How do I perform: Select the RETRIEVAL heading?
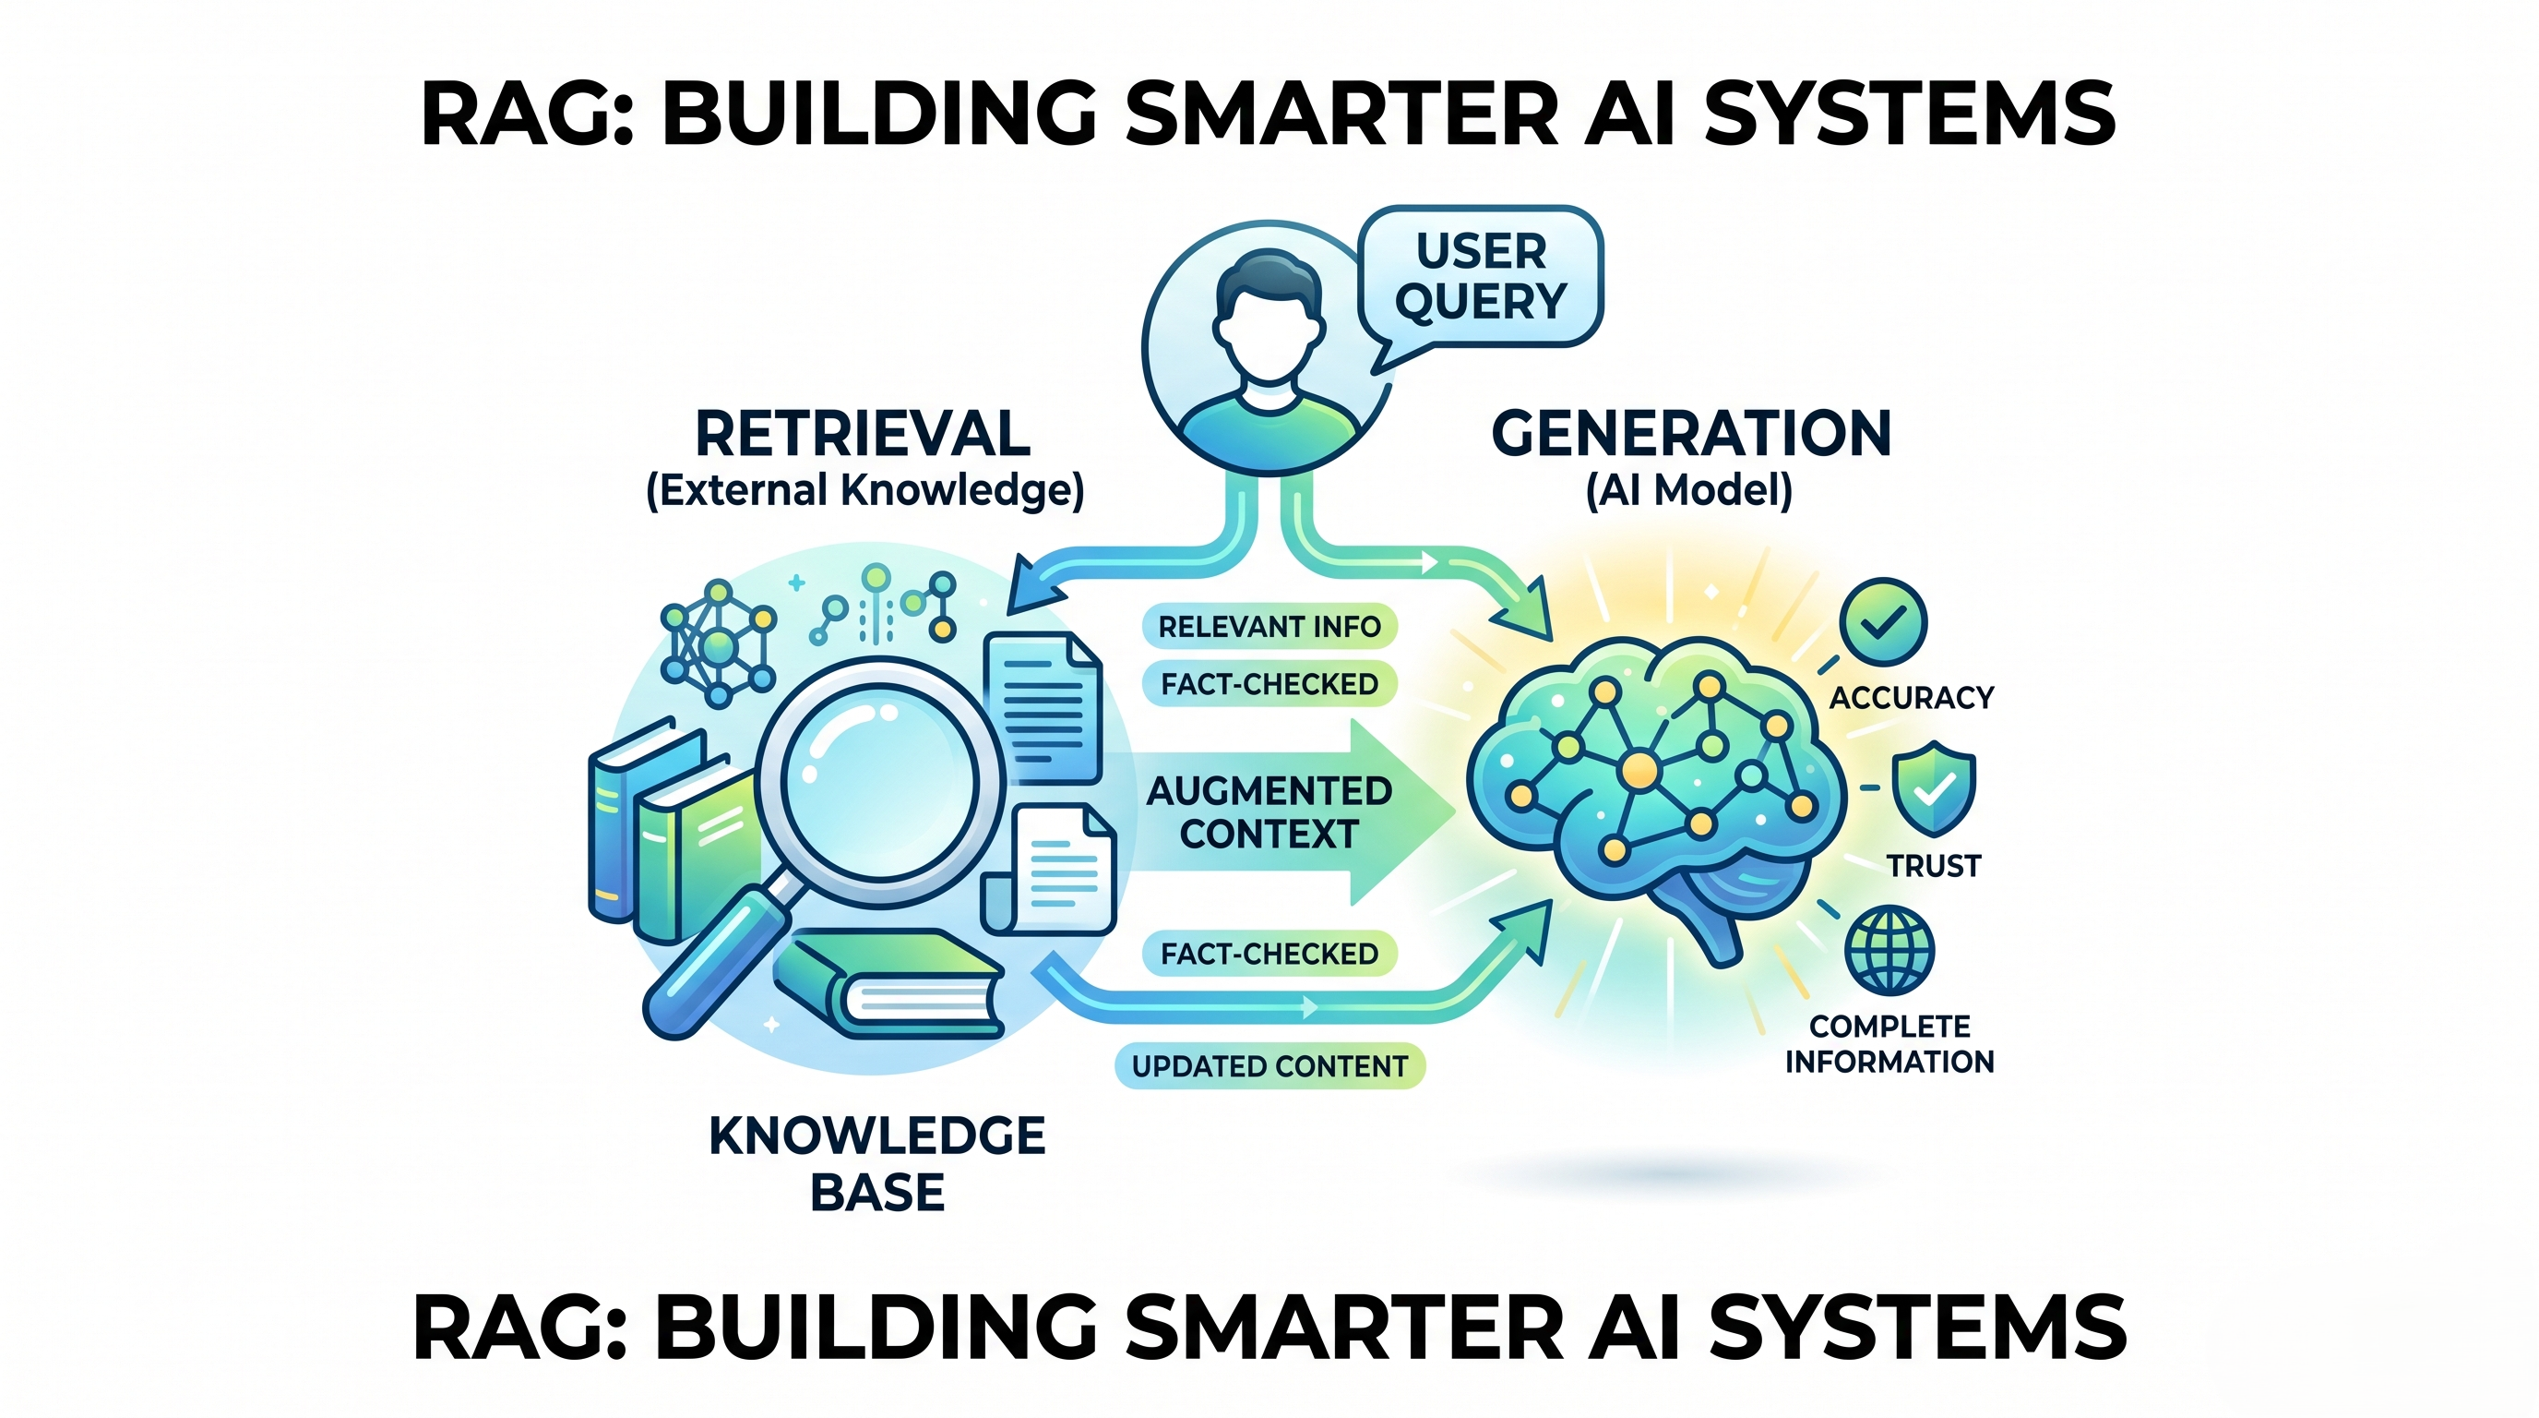tap(863, 434)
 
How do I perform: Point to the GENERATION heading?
tap(1691, 434)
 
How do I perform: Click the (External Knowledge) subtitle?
tap(864, 490)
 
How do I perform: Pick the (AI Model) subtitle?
tap(1688, 490)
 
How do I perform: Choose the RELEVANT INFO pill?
tap(1269, 626)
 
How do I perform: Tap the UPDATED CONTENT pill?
tap(1269, 1066)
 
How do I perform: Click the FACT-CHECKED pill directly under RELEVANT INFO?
tap(1269, 683)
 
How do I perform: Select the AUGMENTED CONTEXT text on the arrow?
tap(1269, 812)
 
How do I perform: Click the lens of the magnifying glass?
tap(879, 783)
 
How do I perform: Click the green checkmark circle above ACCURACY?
tap(1884, 622)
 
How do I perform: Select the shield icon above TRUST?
tap(1934, 789)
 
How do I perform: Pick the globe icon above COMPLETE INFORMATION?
tap(1889, 951)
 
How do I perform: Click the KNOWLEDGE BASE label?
tap(877, 1163)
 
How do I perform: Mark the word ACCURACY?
tap(1911, 698)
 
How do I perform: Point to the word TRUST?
tap(1934, 866)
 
